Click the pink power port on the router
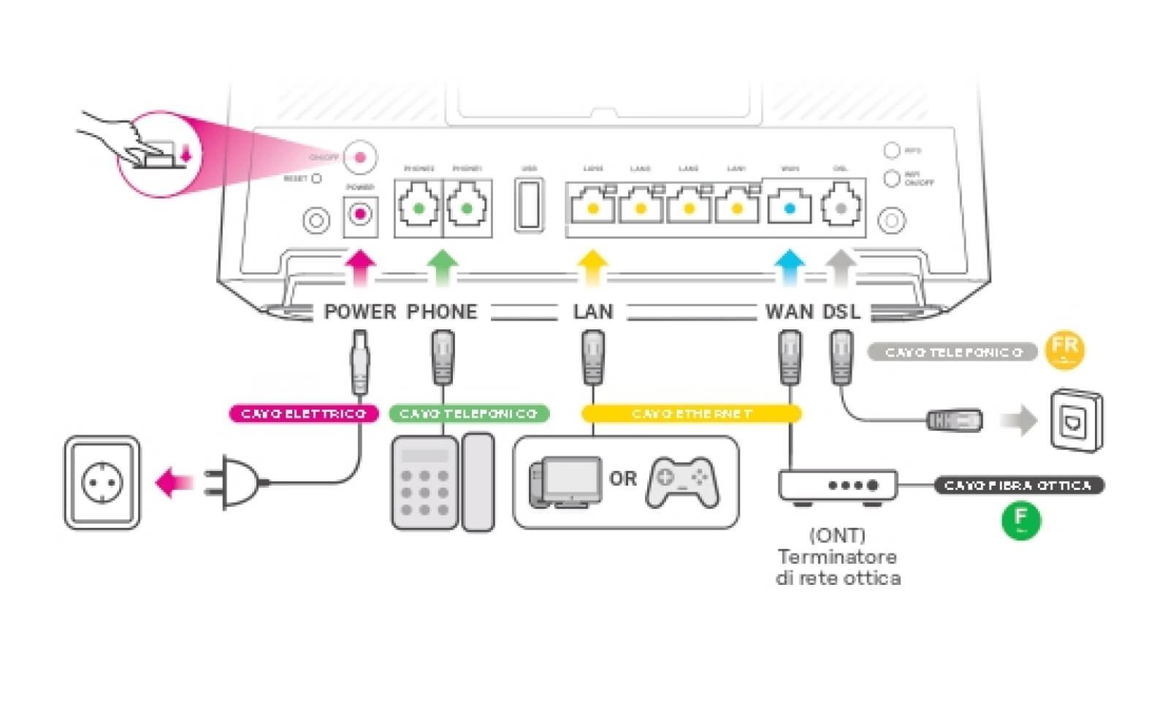[360, 215]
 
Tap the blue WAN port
[789, 207]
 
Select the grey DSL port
[841, 207]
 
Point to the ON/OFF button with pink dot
[360, 156]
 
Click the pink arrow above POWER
[360, 267]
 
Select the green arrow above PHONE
[442, 267]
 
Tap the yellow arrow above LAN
[592, 267]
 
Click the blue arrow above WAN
[789, 267]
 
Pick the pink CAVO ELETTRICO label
[303, 414]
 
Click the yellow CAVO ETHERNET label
[691, 414]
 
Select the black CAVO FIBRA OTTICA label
[1017, 486]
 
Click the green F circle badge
[1020, 521]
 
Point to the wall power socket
[102, 483]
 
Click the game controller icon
[681, 482]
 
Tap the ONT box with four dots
[837, 486]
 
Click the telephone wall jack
[1076, 421]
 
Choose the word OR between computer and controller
[623, 479]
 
